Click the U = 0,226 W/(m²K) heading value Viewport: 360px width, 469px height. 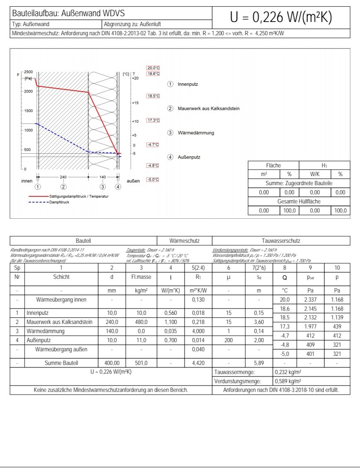coord(281,17)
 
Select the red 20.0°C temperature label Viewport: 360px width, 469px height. coord(153,68)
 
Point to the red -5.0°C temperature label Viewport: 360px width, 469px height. coord(153,180)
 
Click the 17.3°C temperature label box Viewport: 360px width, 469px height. coord(153,120)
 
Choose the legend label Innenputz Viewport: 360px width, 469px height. coord(188,84)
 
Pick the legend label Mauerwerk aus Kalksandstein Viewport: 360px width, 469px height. coord(209,109)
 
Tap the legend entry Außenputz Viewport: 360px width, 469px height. coord(189,157)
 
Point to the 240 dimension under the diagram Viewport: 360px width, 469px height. coord(63,177)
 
